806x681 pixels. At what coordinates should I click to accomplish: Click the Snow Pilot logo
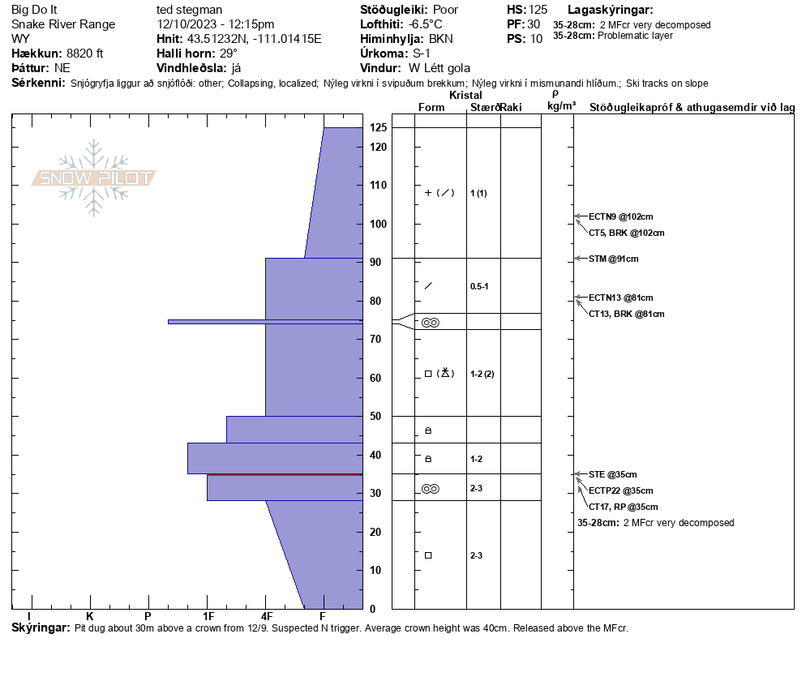click(x=94, y=178)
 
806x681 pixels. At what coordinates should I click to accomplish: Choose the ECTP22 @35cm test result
click(x=620, y=490)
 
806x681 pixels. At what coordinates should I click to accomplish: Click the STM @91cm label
click(x=614, y=259)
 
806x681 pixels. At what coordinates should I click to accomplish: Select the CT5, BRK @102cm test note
click(x=626, y=233)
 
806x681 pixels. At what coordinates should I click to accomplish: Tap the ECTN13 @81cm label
click(x=620, y=298)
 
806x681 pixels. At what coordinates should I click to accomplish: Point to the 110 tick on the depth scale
click(x=378, y=186)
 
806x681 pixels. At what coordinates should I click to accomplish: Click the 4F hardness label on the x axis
click(x=266, y=616)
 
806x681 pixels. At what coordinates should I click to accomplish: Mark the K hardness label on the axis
click(x=89, y=616)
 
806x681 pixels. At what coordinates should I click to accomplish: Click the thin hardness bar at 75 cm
click(x=264, y=322)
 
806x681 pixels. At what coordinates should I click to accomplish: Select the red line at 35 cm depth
click(x=284, y=475)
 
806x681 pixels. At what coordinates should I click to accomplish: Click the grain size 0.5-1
click(x=479, y=286)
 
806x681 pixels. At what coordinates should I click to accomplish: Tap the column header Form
click(x=431, y=108)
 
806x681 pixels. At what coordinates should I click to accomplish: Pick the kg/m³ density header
click(x=561, y=106)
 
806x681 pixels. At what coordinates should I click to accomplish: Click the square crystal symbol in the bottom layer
click(x=428, y=555)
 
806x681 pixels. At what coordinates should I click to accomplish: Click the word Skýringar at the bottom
click(x=40, y=628)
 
